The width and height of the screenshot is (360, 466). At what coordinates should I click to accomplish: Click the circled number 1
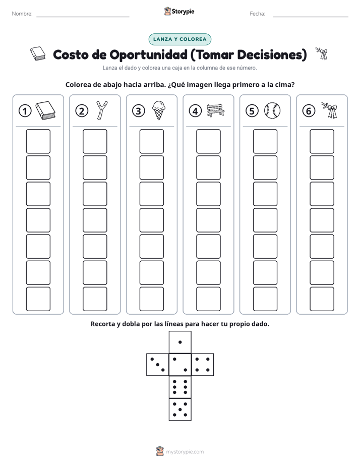(25, 111)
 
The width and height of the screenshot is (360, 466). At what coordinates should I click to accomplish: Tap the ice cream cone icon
(159, 110)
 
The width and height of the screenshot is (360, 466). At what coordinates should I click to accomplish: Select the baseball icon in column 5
(272, 110)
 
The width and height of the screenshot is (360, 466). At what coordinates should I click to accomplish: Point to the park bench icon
(215, 110)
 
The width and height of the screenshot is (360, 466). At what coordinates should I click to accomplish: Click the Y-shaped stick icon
(102, 110)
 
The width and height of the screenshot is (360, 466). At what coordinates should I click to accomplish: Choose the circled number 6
(309, 111)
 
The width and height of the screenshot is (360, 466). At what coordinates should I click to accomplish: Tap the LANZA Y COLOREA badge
(179, 39)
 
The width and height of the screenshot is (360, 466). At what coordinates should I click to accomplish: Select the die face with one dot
(180, 342)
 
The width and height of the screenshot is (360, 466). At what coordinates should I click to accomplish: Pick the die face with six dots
(180, 387)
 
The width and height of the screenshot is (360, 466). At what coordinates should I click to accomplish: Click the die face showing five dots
(180, 409)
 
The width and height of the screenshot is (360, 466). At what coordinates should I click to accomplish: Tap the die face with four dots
(202, 365)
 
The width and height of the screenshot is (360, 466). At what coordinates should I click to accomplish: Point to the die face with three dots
(158, 365)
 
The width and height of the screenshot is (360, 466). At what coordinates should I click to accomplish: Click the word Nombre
(22, 14)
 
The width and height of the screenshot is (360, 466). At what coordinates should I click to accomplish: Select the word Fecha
(258, 14)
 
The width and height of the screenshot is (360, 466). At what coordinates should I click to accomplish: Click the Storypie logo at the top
(179, 11)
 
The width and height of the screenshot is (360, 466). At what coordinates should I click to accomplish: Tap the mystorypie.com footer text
(185, 452)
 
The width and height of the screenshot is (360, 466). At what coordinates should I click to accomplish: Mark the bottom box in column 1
(38, 299)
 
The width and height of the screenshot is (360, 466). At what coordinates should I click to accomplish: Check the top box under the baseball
(265, 141)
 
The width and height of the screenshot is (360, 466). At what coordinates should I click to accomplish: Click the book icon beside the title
(38, 53)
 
